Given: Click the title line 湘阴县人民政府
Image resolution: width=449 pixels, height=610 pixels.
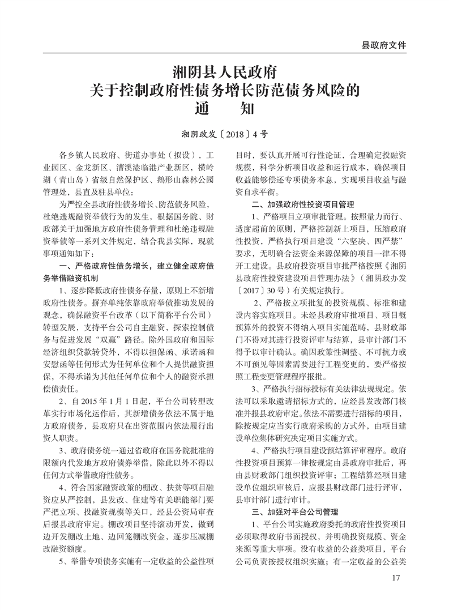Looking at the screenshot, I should [224, 73].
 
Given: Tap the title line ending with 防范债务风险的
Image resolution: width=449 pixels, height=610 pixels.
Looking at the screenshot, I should [224, 90].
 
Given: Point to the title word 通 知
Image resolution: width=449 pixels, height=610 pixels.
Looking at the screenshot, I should [224, 107].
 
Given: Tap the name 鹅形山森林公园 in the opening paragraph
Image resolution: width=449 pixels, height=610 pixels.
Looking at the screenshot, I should [179, 180].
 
